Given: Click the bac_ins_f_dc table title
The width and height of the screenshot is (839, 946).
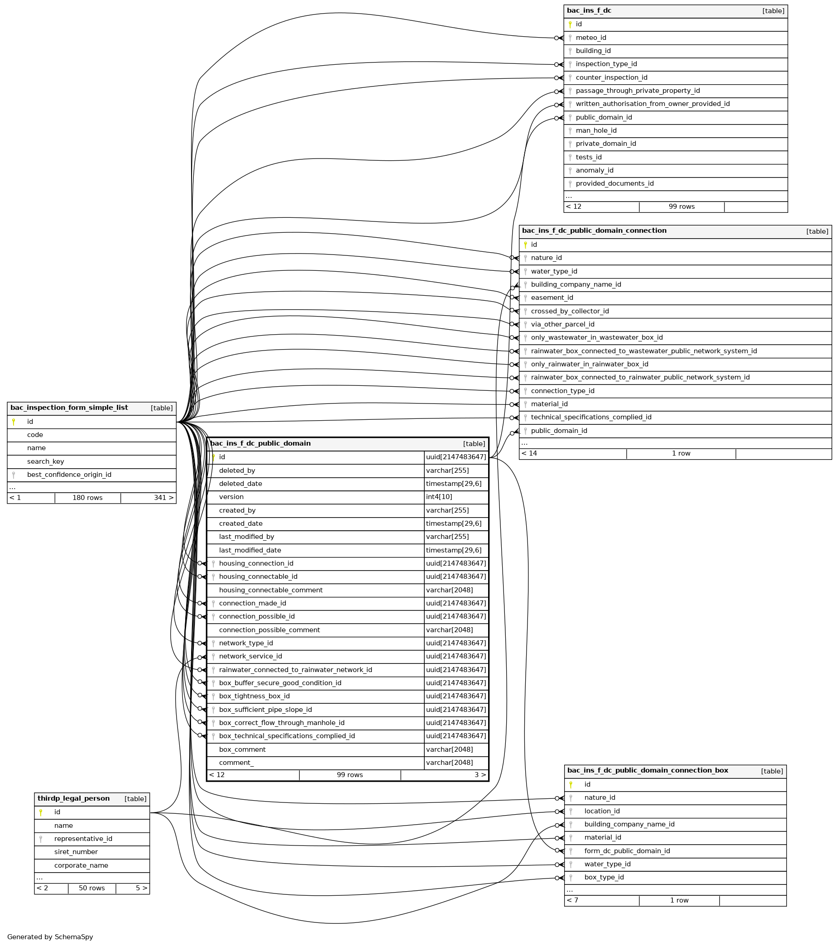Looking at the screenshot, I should pyautogui.click(x=589, y=11).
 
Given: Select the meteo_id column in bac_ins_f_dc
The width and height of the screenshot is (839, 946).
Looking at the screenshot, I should pyautogui.click(x=590, y=38).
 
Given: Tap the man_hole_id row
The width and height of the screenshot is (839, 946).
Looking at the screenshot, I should pyautogui.click(x=596, y=131).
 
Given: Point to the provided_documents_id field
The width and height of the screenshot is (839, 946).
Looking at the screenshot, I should pyautogui.click(x=614, y=184).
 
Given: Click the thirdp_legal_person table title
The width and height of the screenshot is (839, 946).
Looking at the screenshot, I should pyautogui.click(x=74, y=799).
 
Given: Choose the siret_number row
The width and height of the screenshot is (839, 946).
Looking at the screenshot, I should pyautogui.click(x=76, y=852).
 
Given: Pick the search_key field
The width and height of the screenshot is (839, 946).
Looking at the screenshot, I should pyautogui.click(x=45, y=461).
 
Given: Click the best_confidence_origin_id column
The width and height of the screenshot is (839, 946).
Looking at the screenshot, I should pyautogui.click(x=69, y=475).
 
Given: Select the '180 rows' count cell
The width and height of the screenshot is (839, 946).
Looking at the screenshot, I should pyautogui.click(x=87, y=498).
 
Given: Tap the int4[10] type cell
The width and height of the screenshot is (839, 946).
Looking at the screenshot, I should pyautogui.click(x=439, y=497).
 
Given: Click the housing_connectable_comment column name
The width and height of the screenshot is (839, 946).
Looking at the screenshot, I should pyautogui.click(x=271, y=591).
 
